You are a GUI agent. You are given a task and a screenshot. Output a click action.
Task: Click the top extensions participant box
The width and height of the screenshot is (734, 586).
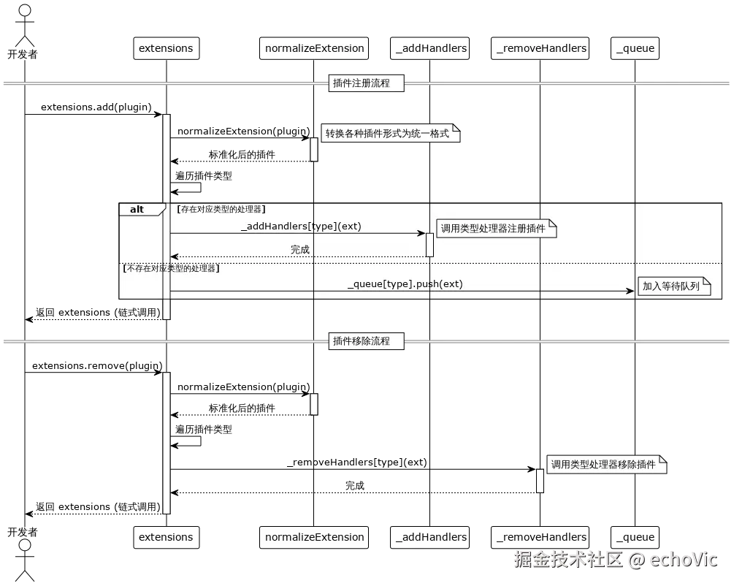point(166,48)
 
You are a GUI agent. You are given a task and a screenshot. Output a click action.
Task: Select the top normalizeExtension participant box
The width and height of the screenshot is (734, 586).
point(314,48)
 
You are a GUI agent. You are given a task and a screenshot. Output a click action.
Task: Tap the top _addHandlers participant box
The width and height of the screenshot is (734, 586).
point(431,48)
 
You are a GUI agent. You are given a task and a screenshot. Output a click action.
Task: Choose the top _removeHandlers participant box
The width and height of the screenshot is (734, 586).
point(541,48)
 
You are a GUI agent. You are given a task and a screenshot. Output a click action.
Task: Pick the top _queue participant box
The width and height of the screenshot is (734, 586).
point(635,48)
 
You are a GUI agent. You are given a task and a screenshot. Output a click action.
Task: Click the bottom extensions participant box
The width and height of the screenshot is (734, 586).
point(166,537)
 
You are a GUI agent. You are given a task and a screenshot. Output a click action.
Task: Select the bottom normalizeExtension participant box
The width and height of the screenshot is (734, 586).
point(314,537)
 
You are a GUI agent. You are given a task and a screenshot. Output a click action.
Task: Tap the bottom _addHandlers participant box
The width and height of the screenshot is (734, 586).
point(431,537)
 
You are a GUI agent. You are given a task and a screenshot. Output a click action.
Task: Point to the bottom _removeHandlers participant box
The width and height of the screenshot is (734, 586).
point(541,537)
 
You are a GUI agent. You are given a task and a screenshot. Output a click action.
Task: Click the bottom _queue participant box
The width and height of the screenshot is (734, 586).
point(635,537)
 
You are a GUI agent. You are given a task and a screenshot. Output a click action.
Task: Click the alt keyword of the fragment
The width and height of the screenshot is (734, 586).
point(137,210)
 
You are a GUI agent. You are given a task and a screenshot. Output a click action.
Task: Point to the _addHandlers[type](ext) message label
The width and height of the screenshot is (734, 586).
point(301,227)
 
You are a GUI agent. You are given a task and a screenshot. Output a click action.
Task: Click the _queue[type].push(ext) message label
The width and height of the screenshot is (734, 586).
point(405,284)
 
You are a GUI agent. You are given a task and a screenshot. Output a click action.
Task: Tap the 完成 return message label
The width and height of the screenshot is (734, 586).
point(300,250)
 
